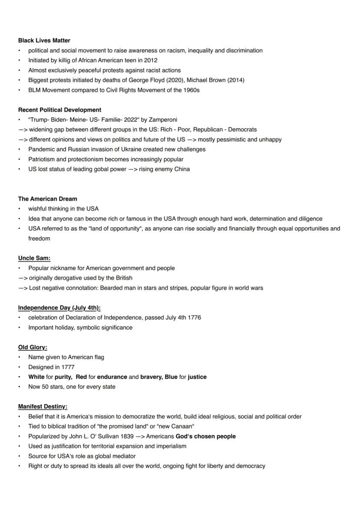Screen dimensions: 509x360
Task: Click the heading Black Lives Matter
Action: [44, 40]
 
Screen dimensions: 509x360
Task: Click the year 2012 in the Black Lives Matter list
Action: [150, 60]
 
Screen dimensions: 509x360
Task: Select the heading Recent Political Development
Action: [60, 110]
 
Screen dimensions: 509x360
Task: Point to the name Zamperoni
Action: [163, 120]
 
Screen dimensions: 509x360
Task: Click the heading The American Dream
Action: [47, 199]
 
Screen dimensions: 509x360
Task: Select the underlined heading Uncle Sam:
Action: [34, 258]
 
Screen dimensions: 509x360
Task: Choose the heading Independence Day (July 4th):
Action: [59, 308]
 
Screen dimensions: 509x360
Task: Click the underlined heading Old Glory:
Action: [33, 347]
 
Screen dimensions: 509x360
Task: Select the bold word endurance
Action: [112, 377]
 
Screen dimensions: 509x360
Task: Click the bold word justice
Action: [197, 377]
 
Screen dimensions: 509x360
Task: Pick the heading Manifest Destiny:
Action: [43, 406]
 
